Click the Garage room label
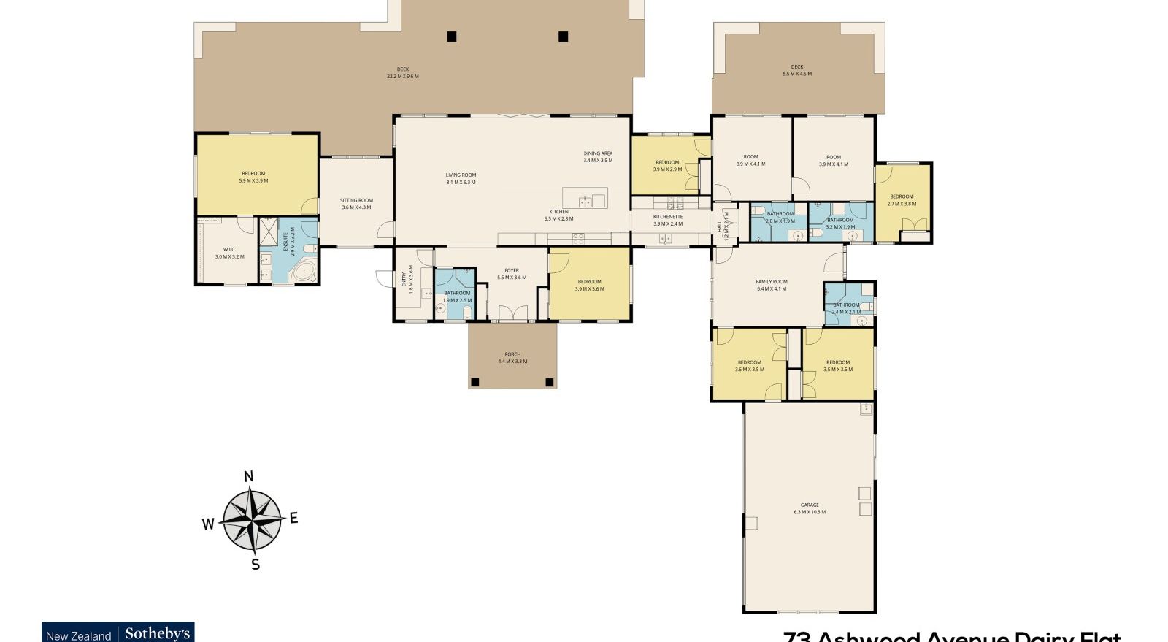(809, 508)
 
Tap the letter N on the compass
(248, 477)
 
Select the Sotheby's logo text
(157, 633)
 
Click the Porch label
(512, 358)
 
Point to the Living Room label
(461, 178)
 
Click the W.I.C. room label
(229, 253)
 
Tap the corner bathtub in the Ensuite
(303, 272)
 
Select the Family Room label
(772, 285)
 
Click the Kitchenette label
(667, 220)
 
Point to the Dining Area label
(598, 156)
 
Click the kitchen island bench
(585, 198)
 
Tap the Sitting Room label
(356, 203)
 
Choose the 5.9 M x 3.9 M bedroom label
(253, 177)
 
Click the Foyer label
(512, 274)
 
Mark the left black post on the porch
(475, 381)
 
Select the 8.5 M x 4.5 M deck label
(796, 70)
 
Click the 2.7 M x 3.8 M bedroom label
(902, 200)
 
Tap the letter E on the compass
(293, 518)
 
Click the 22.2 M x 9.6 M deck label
(402, 73)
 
